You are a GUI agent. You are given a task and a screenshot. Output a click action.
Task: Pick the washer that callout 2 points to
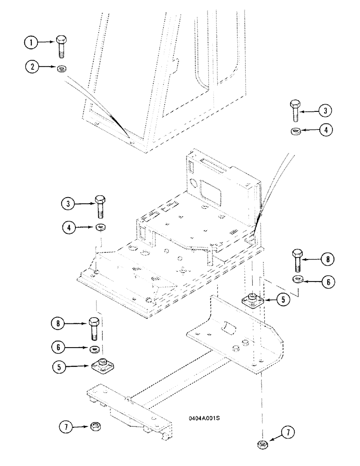pos(61,69)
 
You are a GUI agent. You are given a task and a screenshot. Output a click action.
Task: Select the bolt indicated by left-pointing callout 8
pos(297,261)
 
